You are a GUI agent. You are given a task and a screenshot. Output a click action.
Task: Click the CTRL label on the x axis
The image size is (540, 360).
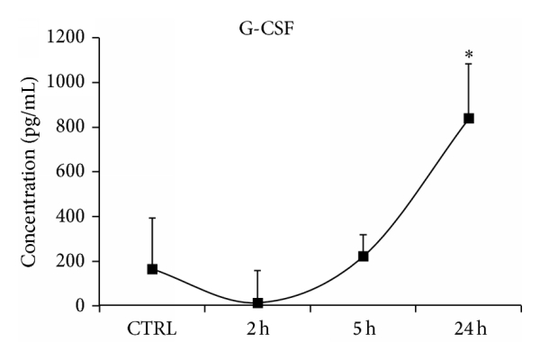pyautogui.click(x=152, y=328)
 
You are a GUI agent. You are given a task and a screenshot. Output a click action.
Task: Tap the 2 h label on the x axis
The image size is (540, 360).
pyautogui.click(x=257, y=328)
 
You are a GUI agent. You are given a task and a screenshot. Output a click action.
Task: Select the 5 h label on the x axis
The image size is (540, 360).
pyautogui.click(x=363, y=328)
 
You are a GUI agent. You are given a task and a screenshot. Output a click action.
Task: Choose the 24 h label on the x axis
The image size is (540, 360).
pyautogui.click(x=468, y=328)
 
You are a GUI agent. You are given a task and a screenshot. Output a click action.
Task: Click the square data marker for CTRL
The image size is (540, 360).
pyautogui.click(x=152, y=269)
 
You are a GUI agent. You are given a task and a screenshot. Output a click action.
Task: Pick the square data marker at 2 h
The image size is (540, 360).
pyautogui.click(x=257, y=303)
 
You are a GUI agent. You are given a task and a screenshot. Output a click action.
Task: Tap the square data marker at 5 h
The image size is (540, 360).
pyautogui.click(x=363, y=256)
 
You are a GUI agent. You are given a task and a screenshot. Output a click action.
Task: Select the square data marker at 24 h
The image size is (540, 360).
pyautogui.click(x=469, y=119)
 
